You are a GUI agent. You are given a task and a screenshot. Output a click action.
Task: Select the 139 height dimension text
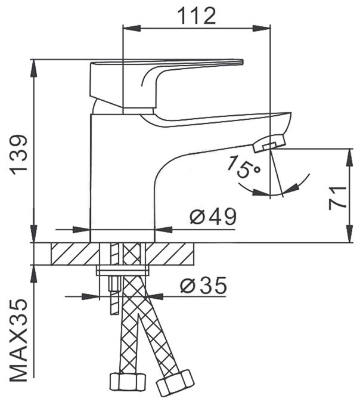(x=20, y=154)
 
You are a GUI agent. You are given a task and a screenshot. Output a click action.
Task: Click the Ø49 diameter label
(x=213, y=217)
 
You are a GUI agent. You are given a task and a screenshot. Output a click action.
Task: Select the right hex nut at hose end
(x=176, y=381)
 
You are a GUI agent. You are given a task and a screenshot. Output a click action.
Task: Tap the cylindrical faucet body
(x=122, y=179)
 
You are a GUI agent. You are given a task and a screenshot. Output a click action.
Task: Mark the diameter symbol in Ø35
(x=186, y=287)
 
